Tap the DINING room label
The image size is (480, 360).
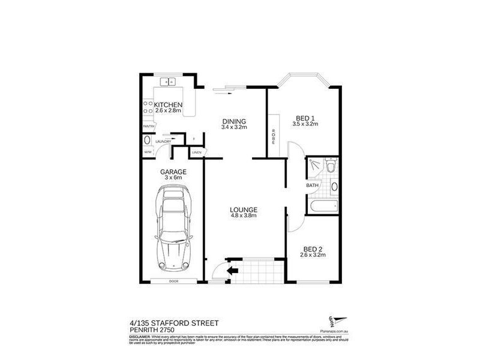click(234, 121)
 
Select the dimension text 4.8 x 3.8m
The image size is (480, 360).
click(244, 216)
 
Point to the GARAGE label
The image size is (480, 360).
click(173, 172)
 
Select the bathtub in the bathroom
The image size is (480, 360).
click(325, 207)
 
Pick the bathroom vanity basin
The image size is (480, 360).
click(334, 185)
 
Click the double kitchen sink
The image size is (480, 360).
click(168, 81)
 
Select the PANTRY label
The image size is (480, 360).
click(148, 127)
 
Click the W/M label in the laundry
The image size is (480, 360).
click(148, 152)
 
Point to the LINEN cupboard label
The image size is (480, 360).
click(196, 153)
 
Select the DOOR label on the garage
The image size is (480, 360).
click(173, 280)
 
